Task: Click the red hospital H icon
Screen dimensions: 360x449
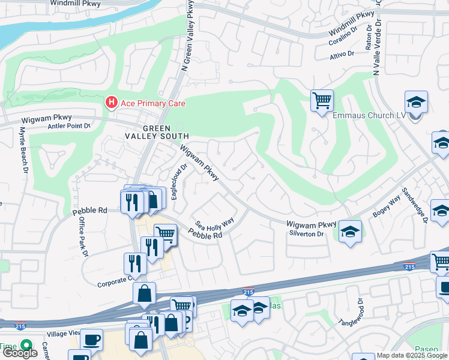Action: (111, 103)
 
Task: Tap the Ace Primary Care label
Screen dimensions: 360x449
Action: (153, 103)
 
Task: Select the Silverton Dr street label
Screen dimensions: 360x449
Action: (306, 233)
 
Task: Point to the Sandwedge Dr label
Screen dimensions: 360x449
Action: (414, 203)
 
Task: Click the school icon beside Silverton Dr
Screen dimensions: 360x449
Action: (350, 231)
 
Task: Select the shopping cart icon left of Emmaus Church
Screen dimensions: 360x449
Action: (322, 100)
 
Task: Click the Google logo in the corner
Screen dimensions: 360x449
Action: (20, 353)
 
